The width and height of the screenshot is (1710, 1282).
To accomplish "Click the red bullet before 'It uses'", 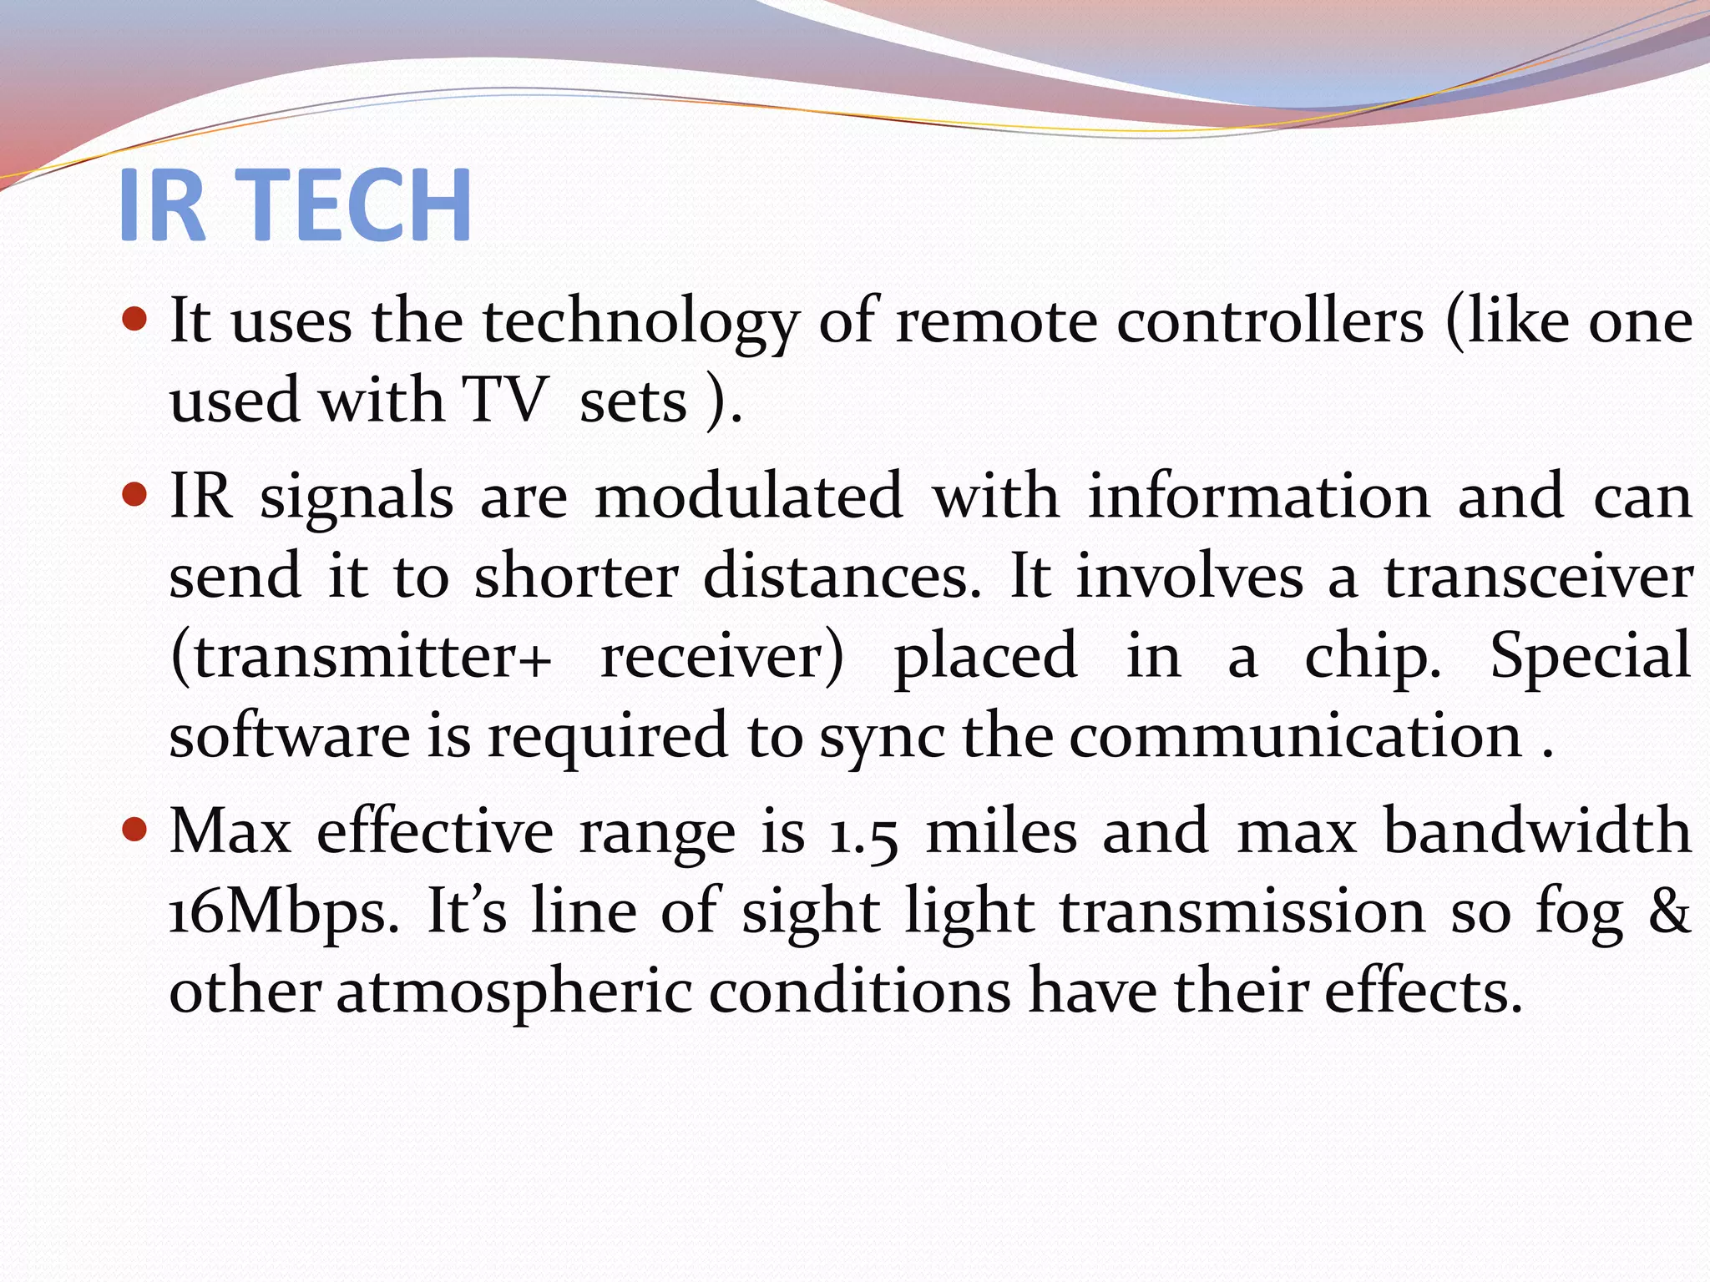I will pyautogui.click(x=134, y=319).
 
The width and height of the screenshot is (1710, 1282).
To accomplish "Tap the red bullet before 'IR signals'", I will pyautogui.click(x=134, y=496).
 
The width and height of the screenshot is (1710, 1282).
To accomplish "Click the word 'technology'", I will pyautogui.click(x=640, y=324).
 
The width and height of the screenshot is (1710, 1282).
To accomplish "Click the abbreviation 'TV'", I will pyautogui.click(x=506, y=400).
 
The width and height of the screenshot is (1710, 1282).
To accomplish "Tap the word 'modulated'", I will pyautogui.click(x=748, y=496).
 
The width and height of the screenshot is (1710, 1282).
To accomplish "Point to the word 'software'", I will pyautogui.click(x=290, y=735).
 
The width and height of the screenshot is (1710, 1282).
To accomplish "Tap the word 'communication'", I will pyautogui.click(x=1296, y=735).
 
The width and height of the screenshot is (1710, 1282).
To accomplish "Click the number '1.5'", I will pyautogui.click(x=863, y=833).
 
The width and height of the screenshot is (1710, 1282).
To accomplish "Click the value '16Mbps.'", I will pyautogui.click(x=284, y=913).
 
